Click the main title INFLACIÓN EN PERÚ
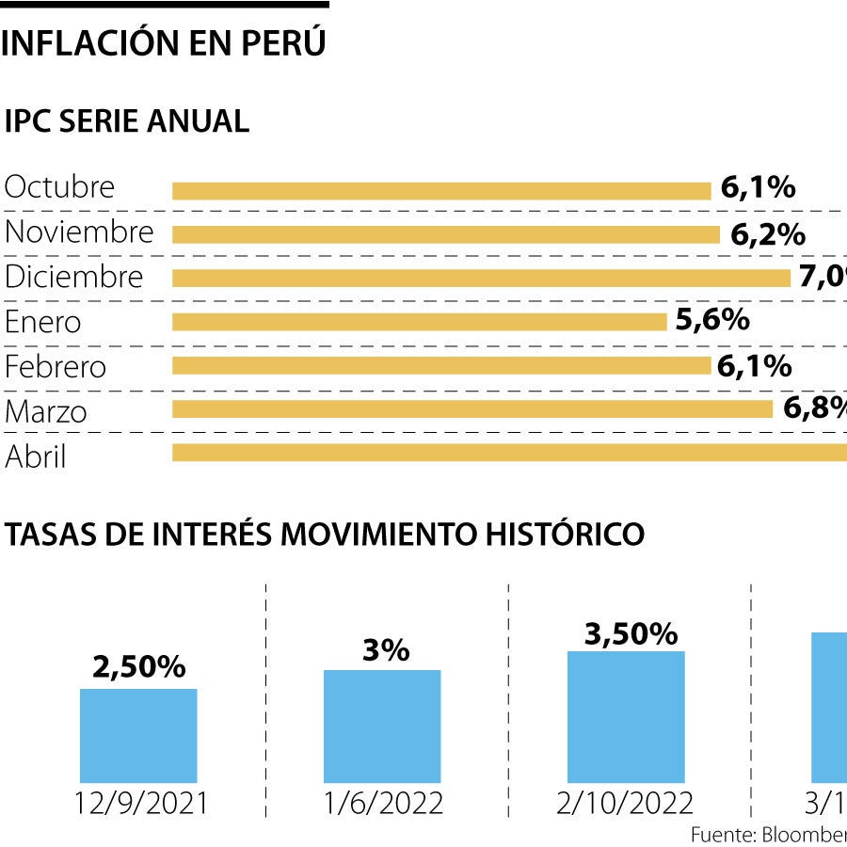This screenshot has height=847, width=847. click(x=164, y=43)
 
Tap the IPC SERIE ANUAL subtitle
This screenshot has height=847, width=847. click(x=127, y=121)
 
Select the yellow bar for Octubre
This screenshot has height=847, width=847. click(x=441, y=191)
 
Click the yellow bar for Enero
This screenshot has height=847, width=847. click(x=419, y=322)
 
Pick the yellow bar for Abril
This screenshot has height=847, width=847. click(x=509, y=453)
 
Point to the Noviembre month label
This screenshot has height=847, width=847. click(x=79, y=232)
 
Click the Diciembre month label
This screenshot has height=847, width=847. click(x=74, y=277)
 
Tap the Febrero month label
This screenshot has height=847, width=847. click(x=56, y=366)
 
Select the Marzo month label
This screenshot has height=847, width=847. click(x=46, y=411)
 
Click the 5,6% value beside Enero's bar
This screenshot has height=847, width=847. click(x=712, y=320)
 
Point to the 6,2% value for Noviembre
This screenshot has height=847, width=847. click(x=767, y=234)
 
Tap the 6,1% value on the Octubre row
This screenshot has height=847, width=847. click(x=758, y=187)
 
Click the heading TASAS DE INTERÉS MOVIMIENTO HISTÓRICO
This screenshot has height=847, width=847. click(x=325, y=534)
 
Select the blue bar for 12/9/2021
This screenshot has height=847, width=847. click(x=138, y=736)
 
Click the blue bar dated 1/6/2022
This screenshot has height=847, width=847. click(x=382, y=726)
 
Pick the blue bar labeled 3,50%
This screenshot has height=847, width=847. click(x=626, y=716)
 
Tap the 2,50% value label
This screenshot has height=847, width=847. click(x=138, y=667)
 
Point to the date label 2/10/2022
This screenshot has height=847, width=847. click(x=626, y=803)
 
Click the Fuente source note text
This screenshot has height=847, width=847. click(x=768, y=835)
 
